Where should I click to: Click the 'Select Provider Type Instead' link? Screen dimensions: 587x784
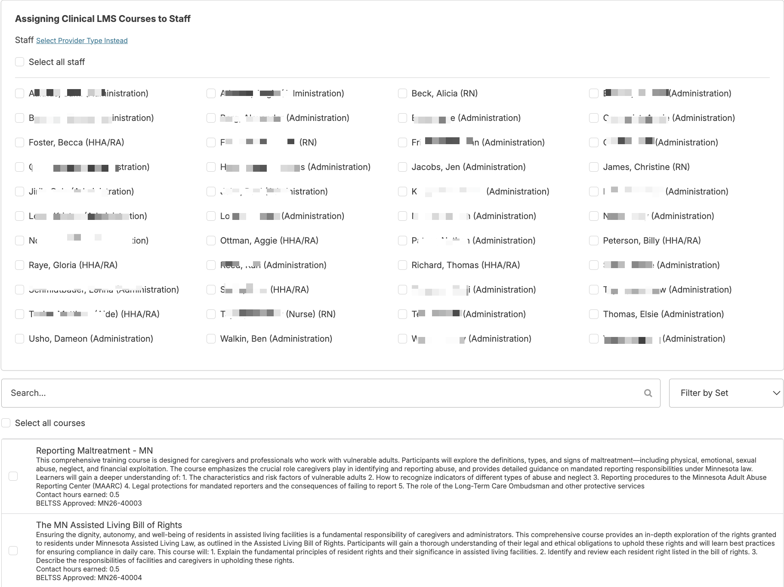coord(82,40)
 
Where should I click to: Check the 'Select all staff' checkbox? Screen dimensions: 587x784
coord(19,62)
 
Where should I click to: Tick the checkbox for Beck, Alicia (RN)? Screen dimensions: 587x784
coord(402,93)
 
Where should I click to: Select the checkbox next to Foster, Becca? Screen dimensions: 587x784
coord(19,142)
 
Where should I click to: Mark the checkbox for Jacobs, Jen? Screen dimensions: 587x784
coord(402,167)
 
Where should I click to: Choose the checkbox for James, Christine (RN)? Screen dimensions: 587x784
coord(594,167)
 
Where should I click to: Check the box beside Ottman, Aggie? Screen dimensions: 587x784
coord(211,241)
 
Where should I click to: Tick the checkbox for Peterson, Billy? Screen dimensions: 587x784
coord(594,241)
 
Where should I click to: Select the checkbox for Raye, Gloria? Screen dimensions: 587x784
coord(19,265)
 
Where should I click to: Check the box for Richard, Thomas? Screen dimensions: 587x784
coord(402,265)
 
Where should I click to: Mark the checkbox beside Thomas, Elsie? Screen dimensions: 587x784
coord(594,314)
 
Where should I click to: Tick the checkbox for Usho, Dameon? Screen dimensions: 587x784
coord(19,339)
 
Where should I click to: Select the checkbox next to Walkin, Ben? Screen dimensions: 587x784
coord(211,339)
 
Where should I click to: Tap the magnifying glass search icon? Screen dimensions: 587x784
coord(648,393)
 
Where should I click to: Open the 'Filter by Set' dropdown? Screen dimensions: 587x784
coord(726,393)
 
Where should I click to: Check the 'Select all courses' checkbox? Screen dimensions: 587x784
coord(6,423)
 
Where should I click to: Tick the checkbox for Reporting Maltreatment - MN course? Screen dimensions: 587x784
coord(13,476)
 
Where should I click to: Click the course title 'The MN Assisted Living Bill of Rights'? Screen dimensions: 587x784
coord(109,525)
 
